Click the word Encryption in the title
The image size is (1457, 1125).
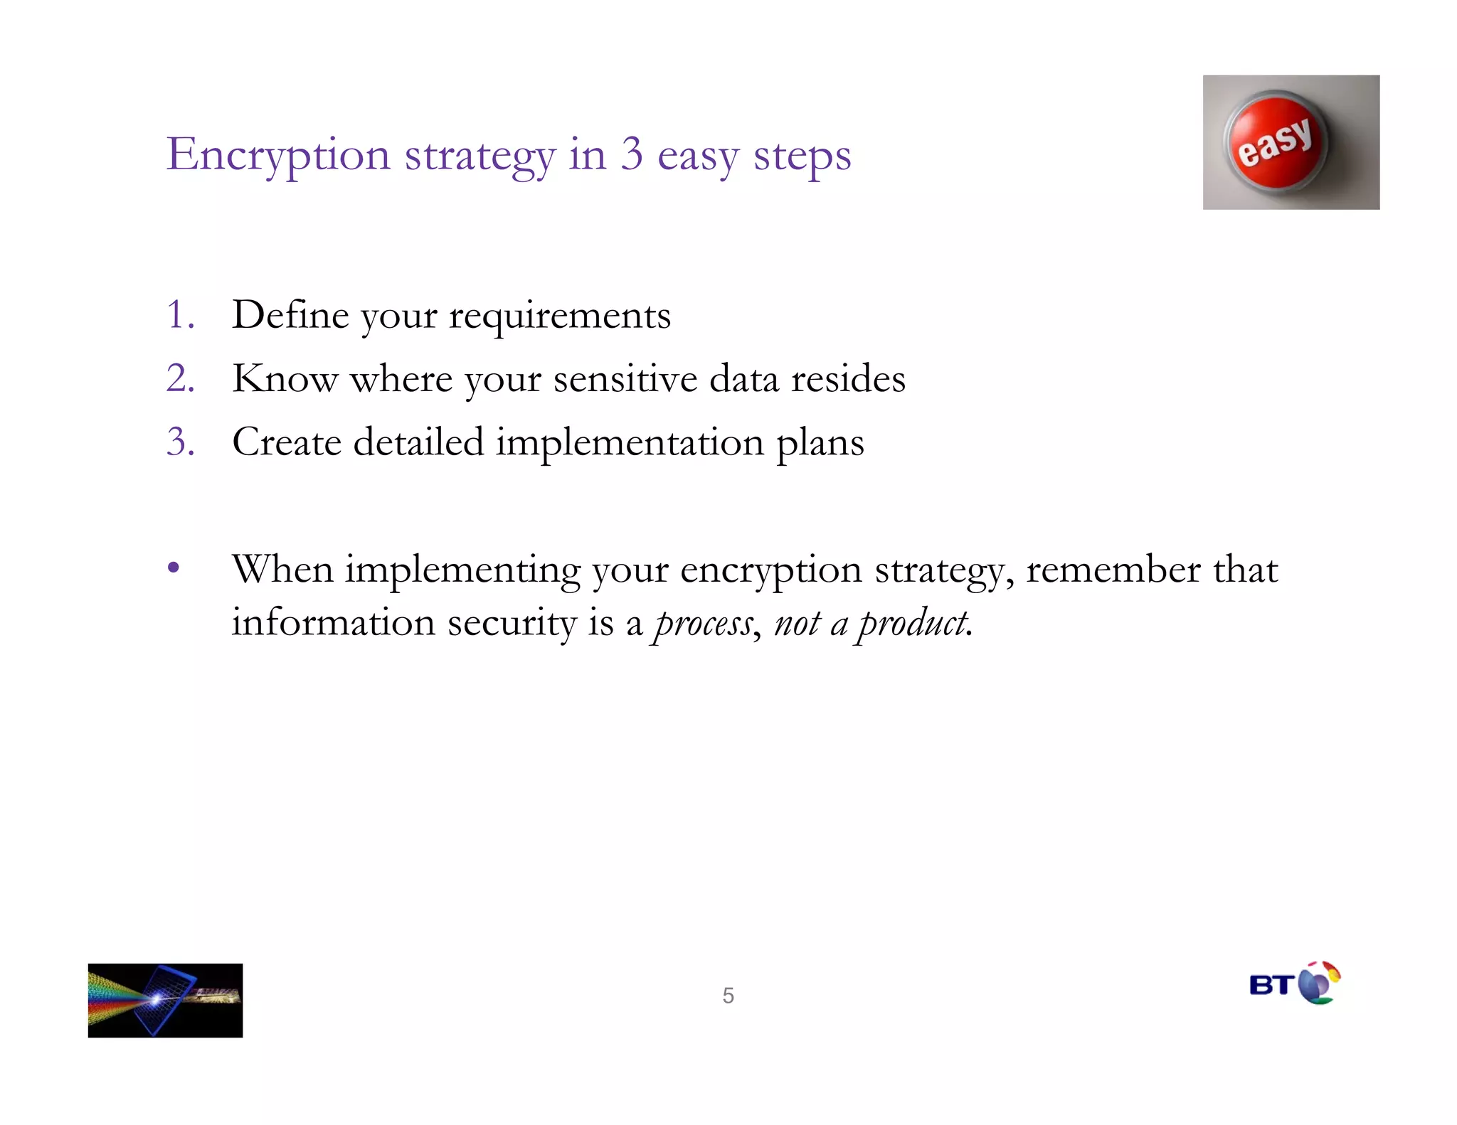[x=278, y=155]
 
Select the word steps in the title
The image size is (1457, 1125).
[x=802, y=156]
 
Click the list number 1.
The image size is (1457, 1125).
[x=179, y=315]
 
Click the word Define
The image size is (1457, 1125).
[x=290, y=315]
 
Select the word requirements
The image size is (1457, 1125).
[x=559, y=317]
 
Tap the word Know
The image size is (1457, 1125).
[x=285, y=378]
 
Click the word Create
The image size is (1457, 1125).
[x=287, y=442]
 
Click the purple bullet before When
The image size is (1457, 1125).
[x=174, y=569]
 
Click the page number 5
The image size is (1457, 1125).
[x=728, y=995]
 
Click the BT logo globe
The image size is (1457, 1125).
[x=1318, y=983]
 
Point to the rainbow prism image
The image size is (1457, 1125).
[x=165, y=1000]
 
